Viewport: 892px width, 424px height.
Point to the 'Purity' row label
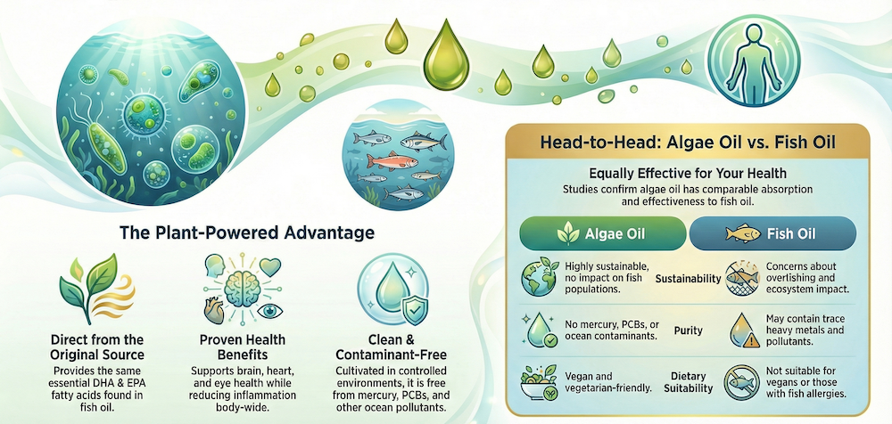(688, 330)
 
